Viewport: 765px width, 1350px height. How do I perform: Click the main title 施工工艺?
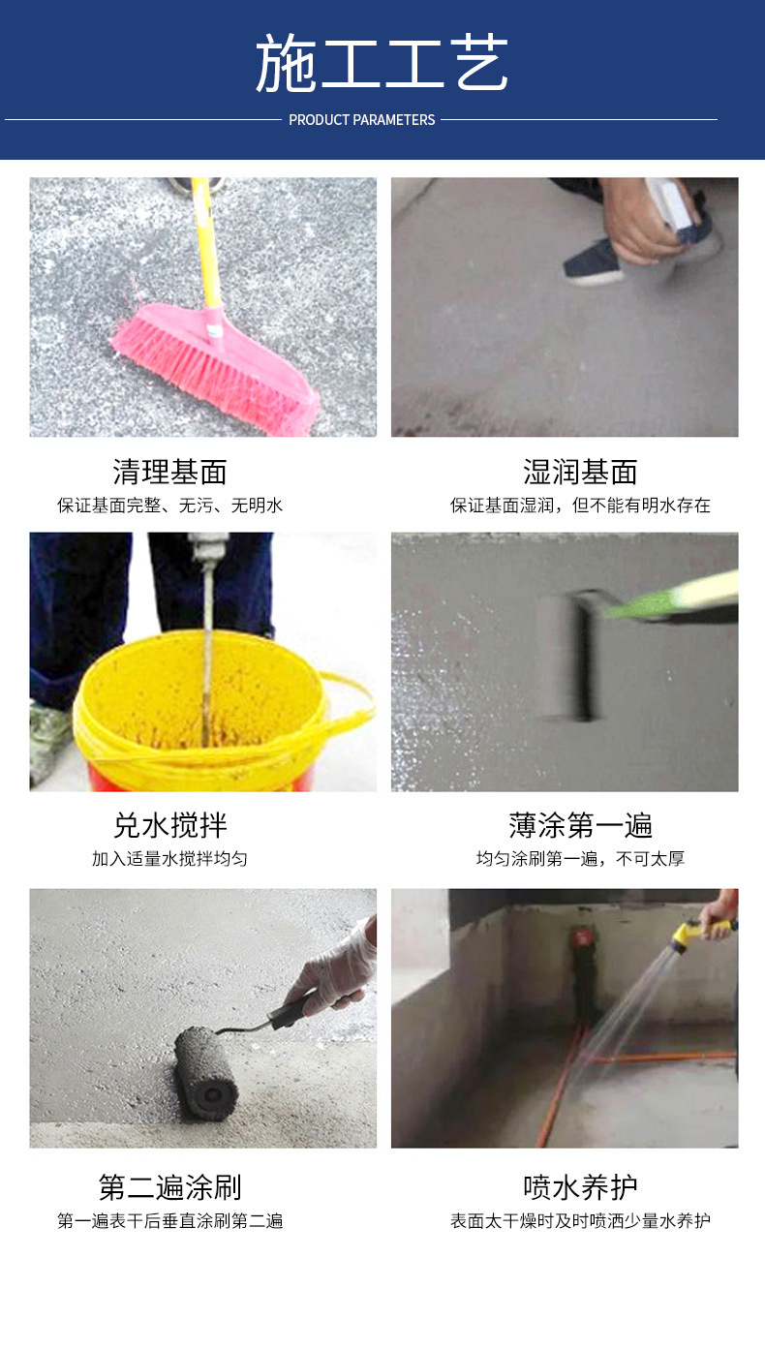click(382, 63)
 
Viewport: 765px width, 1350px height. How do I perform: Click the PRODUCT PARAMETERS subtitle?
click(362, 120)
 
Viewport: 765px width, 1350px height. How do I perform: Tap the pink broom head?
click(215, 368)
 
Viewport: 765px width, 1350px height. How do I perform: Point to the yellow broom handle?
click(206, 241)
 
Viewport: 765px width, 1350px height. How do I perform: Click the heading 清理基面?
click(170, 472)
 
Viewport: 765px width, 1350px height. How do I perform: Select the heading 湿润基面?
click(580, 472)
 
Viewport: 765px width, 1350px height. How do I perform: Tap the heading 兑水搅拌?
click(170, 826)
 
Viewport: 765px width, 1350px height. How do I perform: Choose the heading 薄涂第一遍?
click(580, 826)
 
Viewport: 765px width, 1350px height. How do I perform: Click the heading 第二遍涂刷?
click(170, 1187)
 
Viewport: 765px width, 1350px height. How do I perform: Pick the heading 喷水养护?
click(580, 1187)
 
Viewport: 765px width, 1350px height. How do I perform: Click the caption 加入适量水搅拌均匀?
click(170, 859)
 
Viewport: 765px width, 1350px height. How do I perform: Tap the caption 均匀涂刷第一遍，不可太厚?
click(580, 859)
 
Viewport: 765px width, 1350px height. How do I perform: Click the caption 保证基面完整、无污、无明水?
click(170, 506)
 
